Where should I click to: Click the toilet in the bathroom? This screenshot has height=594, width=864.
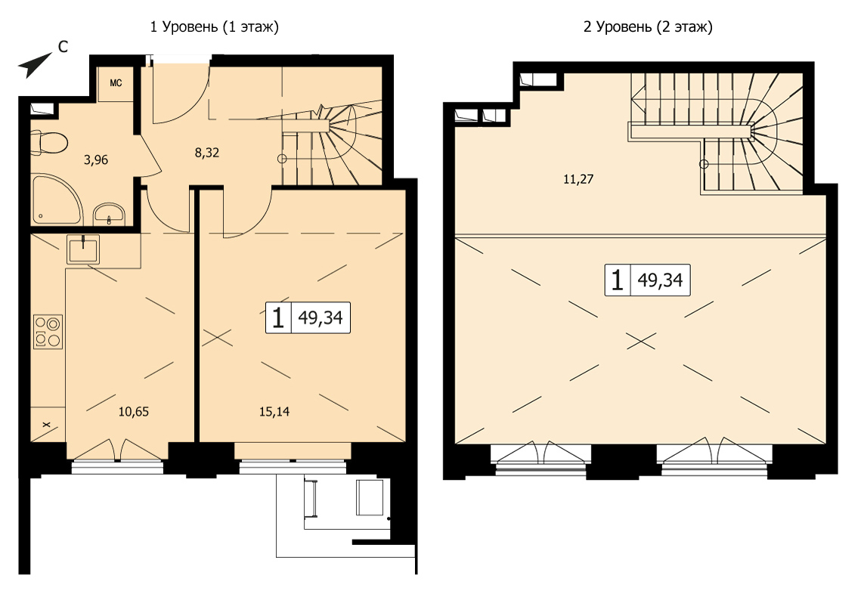[49, 141]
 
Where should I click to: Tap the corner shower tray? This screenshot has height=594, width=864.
[55, 198]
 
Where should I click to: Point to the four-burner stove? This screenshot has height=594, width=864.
[48, 331]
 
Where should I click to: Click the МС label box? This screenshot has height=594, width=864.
[116, 83]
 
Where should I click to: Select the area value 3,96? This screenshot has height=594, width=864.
[96, 160]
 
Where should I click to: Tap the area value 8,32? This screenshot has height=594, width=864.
[206, 153]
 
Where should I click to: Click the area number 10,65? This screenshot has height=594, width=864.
[134, 412]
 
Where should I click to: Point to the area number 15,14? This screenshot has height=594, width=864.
[274, 412]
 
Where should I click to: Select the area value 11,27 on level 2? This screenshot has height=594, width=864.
[578, 179]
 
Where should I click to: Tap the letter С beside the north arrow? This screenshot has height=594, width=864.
[63, 48]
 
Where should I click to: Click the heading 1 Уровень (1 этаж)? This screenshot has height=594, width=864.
[215, 26]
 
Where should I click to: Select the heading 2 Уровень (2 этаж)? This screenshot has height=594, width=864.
[648, 26]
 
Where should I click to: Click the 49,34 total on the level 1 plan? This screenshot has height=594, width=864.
[321, 318]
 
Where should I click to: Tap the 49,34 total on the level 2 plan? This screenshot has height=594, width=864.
[660, 280]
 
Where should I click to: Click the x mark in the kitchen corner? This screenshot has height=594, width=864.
[46, 424]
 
